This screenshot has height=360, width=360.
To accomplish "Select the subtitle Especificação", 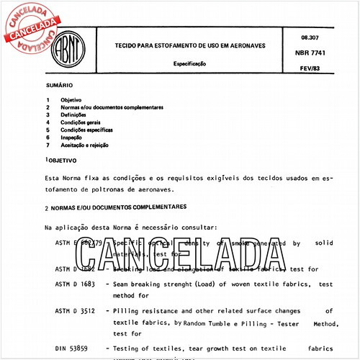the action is point(191,63).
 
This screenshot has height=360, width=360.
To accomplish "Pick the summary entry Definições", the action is point(73,115).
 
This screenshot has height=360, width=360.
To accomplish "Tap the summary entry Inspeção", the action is point(72,137).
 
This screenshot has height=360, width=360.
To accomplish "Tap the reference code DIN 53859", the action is point(72,348).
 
